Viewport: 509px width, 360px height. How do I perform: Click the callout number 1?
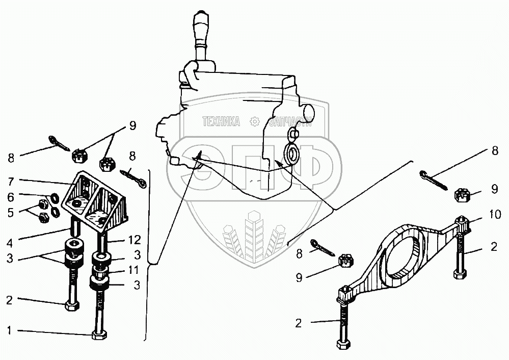pos(9,330)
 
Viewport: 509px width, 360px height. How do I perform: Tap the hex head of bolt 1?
pos(98,336)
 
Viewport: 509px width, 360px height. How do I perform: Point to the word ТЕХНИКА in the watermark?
pos(221,122)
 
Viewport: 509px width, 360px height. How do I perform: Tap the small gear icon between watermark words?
pos(255,122)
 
